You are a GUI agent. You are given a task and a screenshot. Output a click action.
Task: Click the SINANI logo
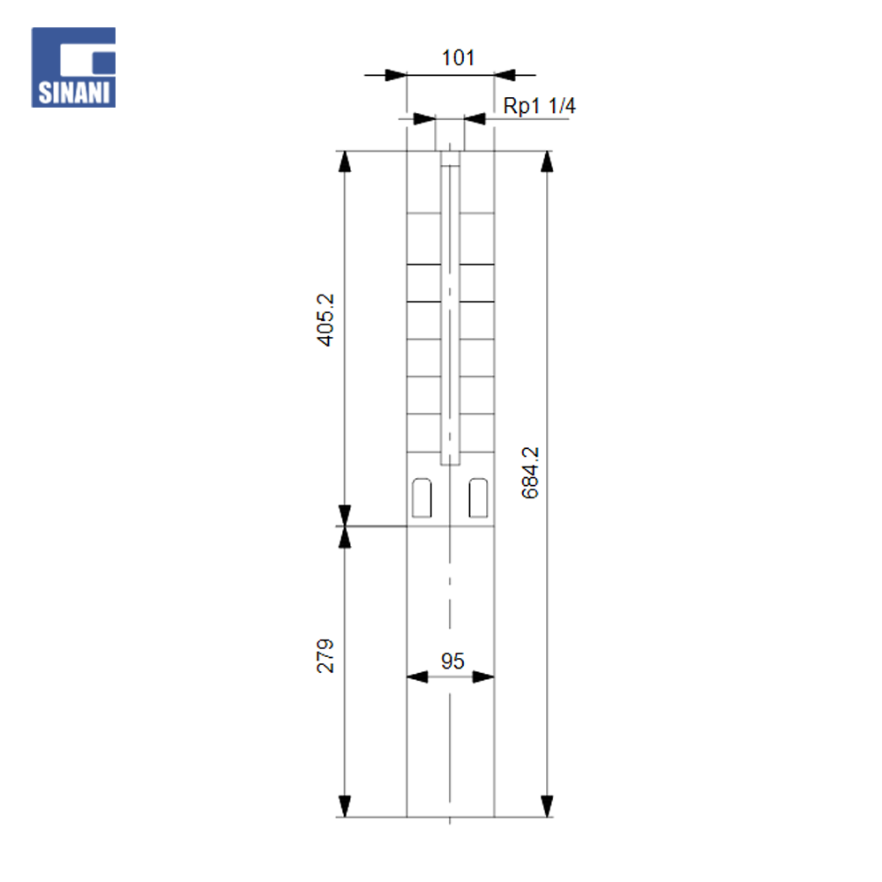pyautogui.click(x=73, y=67)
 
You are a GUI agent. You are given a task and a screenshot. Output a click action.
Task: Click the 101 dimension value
pyautogui.click(x=458, y=57)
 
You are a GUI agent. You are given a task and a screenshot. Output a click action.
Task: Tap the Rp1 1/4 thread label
pyautogui.click(x=539, y=106)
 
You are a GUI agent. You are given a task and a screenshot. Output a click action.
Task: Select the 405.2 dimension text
pyautogui.click(x=325, y=319)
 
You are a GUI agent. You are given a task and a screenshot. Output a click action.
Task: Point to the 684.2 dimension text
pyautogui.click(x=530, y=473)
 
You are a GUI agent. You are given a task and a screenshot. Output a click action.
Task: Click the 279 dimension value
pyautogui.click(x=325, y=656)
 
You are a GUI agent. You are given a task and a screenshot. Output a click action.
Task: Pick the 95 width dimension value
pyautogui.click(x=452, y=661)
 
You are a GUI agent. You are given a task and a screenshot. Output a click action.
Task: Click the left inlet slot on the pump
pyautogui.click(x=422, y=497)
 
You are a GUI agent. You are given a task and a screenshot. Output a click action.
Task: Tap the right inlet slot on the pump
pyautogui.click(x=478, y=497)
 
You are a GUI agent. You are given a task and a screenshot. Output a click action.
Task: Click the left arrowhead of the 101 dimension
pyautogui.click(x=396, y=75)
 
